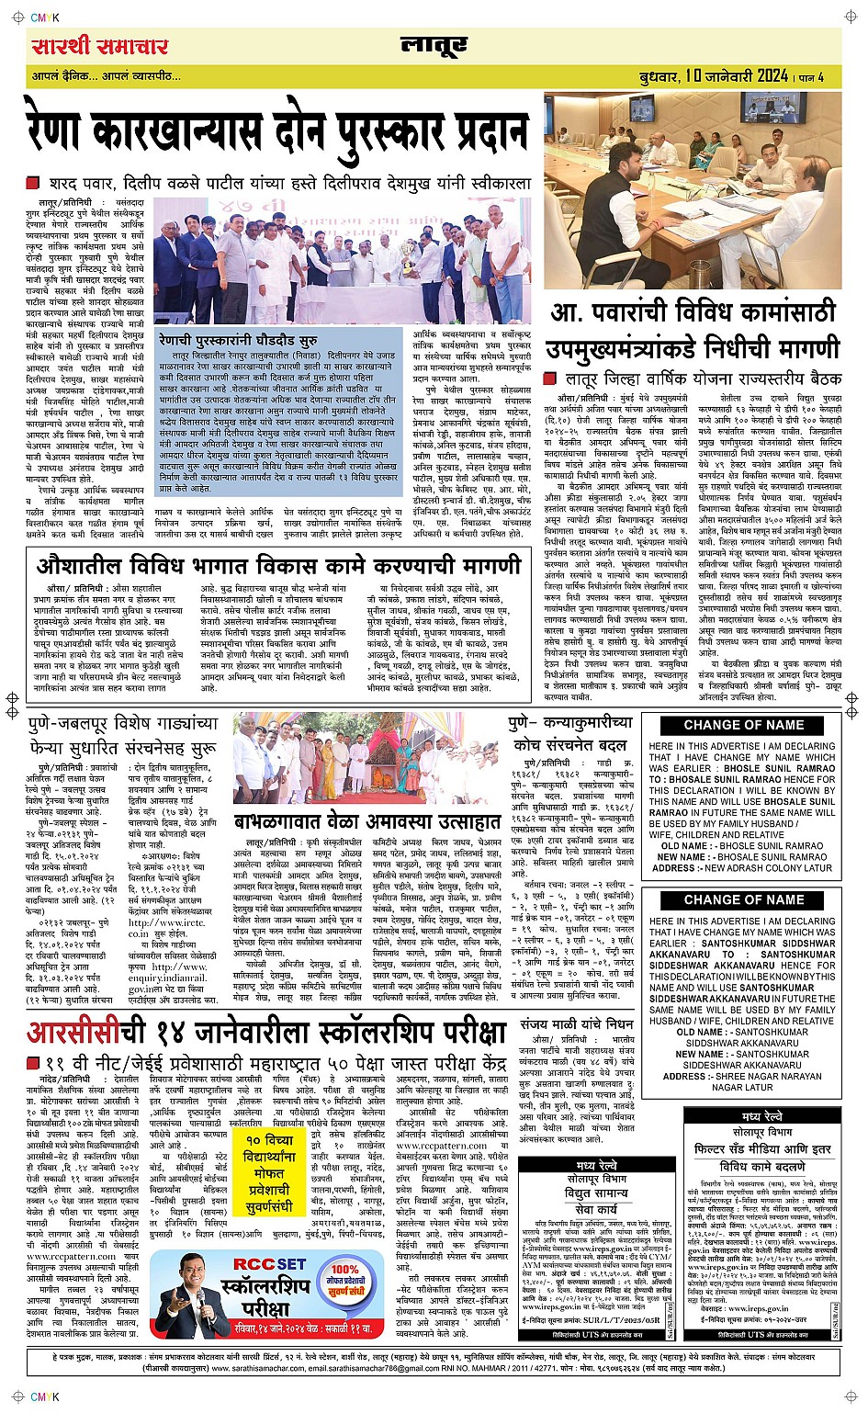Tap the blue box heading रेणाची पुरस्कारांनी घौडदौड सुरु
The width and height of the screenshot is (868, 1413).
[x=238, y=341]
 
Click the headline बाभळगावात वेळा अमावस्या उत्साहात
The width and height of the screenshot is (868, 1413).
[x=366, y=820]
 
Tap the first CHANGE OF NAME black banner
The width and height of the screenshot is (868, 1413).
[x=743, y=725]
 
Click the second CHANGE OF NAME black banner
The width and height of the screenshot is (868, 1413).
[x=743, y=899]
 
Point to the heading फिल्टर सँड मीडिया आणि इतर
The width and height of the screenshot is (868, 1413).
[x=762, y=1148]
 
